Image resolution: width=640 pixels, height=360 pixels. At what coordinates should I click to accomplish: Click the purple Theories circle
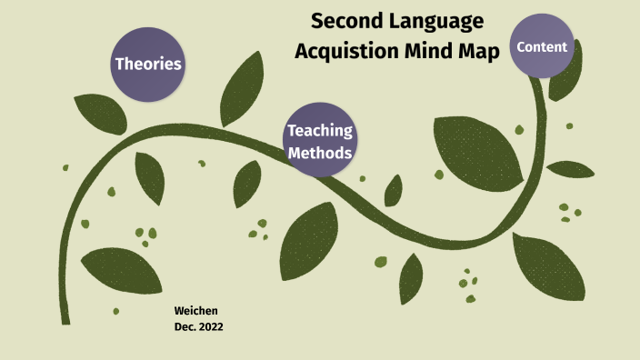[148, 64]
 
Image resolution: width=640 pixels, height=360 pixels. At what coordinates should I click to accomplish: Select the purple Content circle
[542, 46]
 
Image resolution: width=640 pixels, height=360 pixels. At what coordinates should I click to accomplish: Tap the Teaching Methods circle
[319, 141]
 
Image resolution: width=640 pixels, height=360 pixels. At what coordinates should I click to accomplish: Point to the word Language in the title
[434, 21]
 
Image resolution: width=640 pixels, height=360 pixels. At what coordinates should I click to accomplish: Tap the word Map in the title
[479, 52]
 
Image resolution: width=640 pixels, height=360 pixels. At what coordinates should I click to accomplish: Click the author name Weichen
[195, 311]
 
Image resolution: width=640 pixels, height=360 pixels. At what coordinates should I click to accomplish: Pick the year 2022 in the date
[209, 327]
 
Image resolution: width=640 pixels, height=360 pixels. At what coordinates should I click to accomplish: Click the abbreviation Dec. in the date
[183, 327]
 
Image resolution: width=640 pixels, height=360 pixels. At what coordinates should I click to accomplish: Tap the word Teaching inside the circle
[319, 131]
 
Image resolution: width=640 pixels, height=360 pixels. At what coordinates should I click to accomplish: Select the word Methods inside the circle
[319, 153]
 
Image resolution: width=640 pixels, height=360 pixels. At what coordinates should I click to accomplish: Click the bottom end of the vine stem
[65, 320]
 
